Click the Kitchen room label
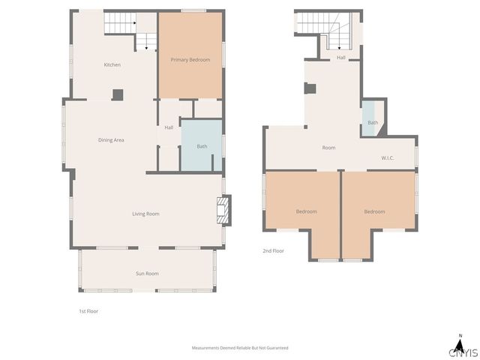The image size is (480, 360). pos(112,64)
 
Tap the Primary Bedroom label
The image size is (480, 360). pos(190,59)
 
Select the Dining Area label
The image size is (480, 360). pos(111,140)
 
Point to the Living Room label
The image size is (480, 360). pos(145,214)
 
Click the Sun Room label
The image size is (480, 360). pos(146,274)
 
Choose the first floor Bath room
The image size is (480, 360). pos(201,146)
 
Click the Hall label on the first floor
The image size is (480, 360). pos(169,127)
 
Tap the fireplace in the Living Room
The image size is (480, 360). pos(222,210)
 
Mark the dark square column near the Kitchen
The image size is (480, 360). pos(118,94)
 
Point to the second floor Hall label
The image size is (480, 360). pos(340,58)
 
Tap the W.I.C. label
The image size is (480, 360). pos(388,158)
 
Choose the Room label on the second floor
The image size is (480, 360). pos(328,148)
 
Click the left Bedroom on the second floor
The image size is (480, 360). pos(306,211)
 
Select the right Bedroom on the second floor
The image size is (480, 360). pos(374,211)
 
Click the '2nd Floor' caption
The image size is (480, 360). pos(273,250)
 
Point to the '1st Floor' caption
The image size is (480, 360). pos(88,310)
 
